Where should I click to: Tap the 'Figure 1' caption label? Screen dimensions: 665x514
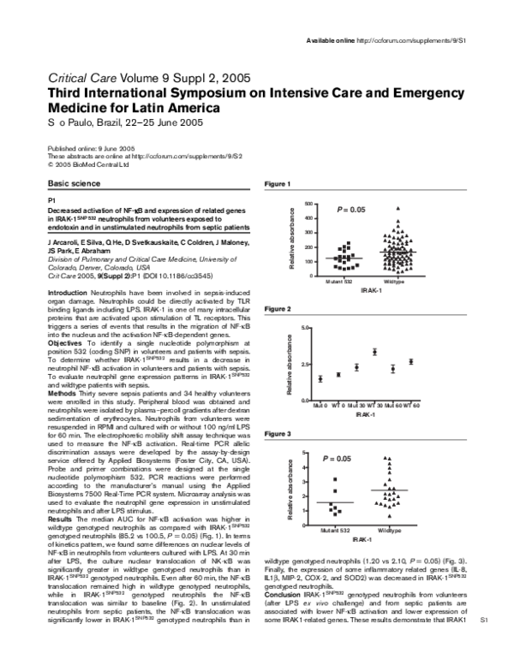pos(278,185)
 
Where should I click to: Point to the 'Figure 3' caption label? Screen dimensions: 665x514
pos(278,435)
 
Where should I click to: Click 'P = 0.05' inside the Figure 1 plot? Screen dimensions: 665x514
pos(352,210)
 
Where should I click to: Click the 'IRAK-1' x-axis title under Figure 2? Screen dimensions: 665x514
pos(364,413)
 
